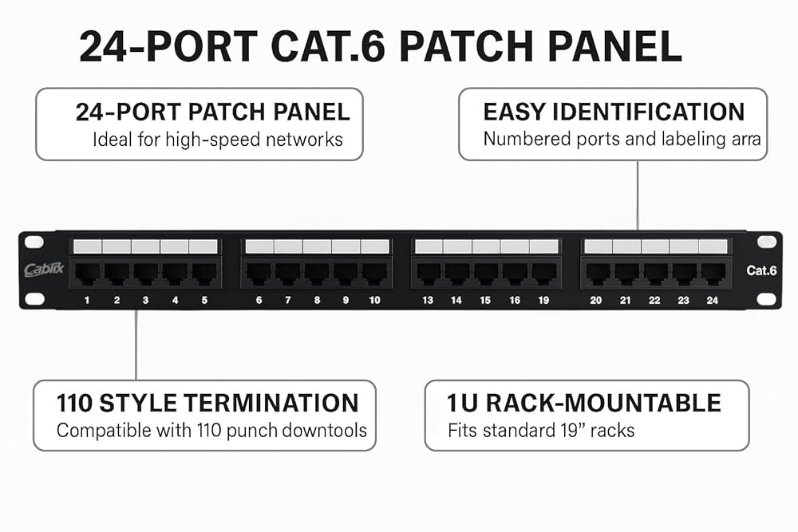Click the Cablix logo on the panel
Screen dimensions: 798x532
(44, 269)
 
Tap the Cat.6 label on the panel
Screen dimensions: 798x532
(761, 270)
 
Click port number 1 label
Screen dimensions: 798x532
(87, 300)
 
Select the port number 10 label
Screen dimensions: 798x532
(374, 300)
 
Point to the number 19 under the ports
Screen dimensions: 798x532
(543, 300)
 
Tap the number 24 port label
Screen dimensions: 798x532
(712, 300)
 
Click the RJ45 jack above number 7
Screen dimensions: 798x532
(288, 274)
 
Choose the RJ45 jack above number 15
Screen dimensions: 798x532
(486, 274)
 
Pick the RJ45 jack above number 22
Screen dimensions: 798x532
(655, 274)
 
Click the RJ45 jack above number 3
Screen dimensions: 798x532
(146, 274)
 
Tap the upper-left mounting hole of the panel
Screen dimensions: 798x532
(34, 242)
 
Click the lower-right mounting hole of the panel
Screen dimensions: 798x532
(766, 299)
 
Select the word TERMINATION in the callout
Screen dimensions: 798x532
(271, 403)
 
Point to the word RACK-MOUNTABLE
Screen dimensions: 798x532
(603, 403)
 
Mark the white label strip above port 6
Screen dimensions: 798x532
(259, 246)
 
